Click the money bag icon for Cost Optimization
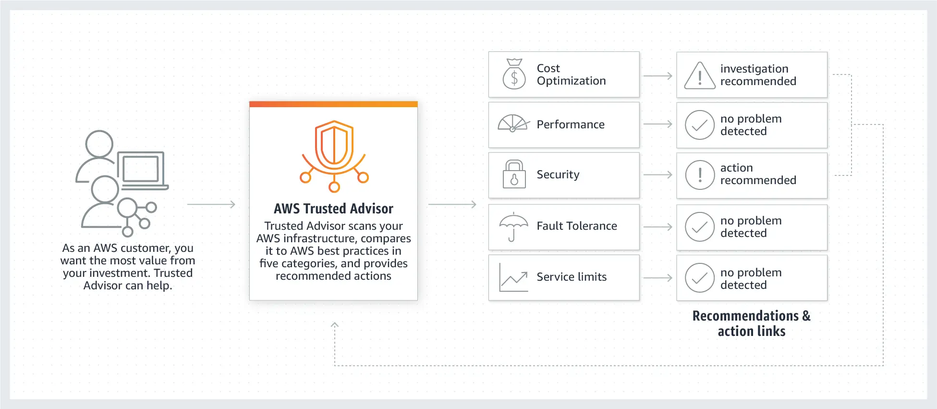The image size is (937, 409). point(514,74)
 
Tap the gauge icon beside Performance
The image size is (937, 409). point(513,124)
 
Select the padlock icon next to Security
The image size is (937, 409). point(514,174)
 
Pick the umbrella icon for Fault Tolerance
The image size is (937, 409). point(513,226)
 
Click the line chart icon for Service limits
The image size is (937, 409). point(513,277)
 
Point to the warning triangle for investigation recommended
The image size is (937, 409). point(700,76)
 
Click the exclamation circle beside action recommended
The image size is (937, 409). point(700,175)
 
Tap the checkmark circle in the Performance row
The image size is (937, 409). point(700,125)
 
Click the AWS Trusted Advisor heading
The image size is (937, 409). point(333,209)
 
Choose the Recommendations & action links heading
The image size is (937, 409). point(752,323)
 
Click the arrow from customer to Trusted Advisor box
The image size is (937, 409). point(211,204)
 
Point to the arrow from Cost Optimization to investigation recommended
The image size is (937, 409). point(657,76)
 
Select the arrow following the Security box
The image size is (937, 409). point(657,175)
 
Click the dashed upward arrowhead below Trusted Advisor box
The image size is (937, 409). point(335,325)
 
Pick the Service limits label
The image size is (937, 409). point(572,277)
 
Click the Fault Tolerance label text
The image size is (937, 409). point(577,226)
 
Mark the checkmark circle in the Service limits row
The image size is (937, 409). point(700,278)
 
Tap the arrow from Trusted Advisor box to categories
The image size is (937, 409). point(452,204)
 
